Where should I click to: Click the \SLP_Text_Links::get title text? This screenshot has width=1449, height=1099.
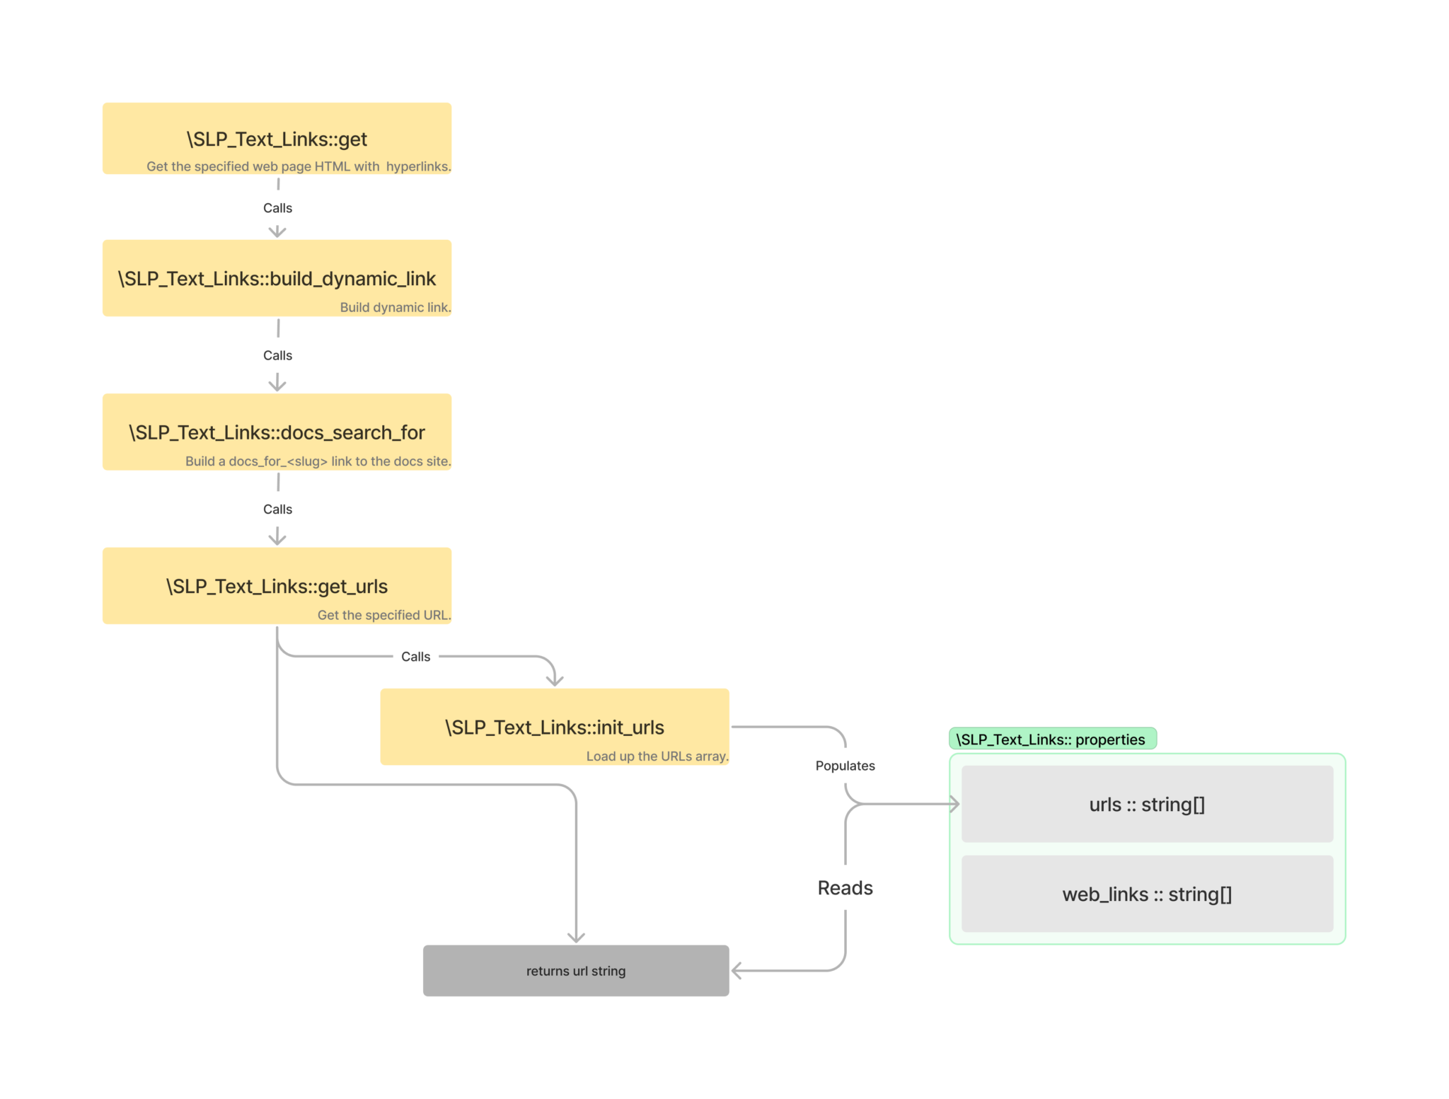coord(277,139)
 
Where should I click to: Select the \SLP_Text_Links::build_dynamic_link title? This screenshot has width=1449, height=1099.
coord(277,279)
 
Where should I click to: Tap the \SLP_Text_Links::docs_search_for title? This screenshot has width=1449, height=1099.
coord(277,432)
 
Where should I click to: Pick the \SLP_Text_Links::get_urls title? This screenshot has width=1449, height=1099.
coord(277,586)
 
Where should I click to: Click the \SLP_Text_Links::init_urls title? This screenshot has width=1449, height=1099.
coord(554,727)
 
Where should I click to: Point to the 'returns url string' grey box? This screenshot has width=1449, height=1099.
coord(576,971)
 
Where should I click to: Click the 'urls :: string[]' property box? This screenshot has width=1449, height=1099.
coord(1147,805)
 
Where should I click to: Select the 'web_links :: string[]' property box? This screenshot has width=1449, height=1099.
coord(1147,894)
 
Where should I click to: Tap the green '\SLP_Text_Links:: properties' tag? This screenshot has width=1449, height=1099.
coord(1051,740)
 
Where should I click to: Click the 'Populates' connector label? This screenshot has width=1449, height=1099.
coord(845,766)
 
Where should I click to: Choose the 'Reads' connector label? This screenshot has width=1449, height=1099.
coord(845,888)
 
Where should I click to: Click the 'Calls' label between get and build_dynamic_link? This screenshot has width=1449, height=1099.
coord(277,208)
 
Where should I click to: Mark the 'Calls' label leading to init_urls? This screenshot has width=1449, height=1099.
coord(415,657)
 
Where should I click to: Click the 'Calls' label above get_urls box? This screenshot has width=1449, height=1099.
coord(277,510)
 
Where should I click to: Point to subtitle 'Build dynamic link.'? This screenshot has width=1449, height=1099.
coord(395,307)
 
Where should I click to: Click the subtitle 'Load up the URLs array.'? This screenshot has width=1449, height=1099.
coord(657,756)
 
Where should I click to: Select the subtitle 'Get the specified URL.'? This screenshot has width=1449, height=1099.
coord(383,615)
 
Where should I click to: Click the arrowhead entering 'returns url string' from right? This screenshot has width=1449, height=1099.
coord(737,971)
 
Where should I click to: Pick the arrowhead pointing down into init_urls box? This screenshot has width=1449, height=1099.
coord(555,681)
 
